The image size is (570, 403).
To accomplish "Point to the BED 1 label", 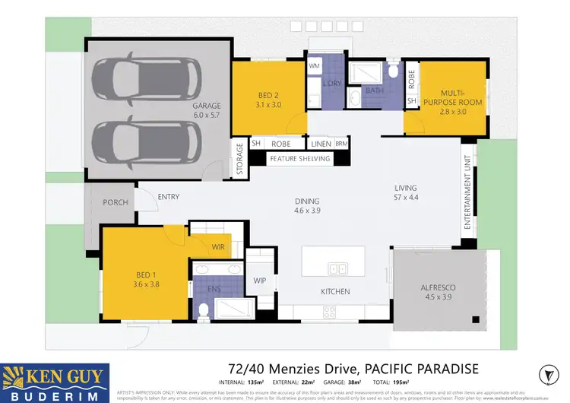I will [x=144, y=279].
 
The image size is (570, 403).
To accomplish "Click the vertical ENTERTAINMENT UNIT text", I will [x=469, y=195].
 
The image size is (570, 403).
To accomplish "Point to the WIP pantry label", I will [x=259, y=281].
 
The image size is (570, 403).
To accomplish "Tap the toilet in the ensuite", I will [x=204, y=310].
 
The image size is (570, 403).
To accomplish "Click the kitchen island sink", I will [x=337, y=268].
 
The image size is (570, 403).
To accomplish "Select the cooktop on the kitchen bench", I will [x=330, y=310].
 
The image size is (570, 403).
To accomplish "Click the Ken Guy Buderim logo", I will [x=55, y=382].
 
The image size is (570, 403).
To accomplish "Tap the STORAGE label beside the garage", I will [x=239, y=159].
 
